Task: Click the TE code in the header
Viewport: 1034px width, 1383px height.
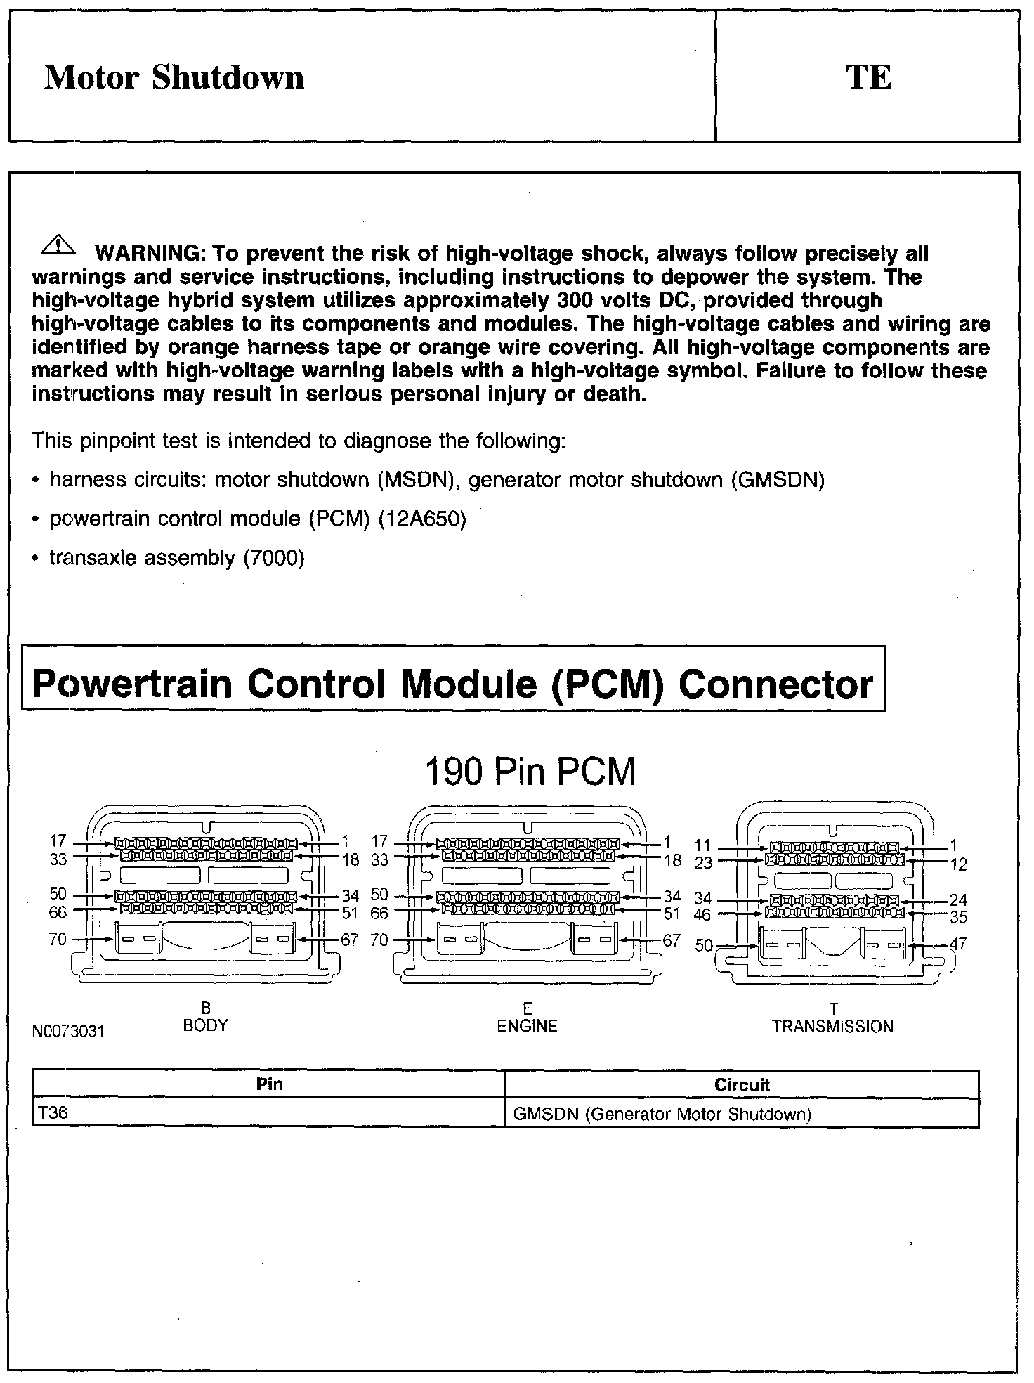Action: (x=869, y=77)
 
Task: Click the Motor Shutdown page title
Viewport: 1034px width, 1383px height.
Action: (x=174, y=77)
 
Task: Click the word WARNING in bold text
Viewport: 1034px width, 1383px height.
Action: (x=149, y=253)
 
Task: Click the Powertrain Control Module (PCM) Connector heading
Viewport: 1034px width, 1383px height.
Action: (x=453, y=683)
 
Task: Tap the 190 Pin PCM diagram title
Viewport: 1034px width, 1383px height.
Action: (x=530, y=772)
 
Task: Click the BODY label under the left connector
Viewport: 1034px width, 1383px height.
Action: (x=206, y=1025)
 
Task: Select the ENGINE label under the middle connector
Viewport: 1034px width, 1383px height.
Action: (x=527, y=1026)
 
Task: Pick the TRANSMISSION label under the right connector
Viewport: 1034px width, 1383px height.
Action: (x=832, y=1027)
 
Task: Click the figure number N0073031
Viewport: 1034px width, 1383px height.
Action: (x=68, y=1032)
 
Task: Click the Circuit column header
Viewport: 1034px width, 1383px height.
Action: (x=742, y=1084)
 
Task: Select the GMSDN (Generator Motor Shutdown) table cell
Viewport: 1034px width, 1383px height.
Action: (x=662, y=1114)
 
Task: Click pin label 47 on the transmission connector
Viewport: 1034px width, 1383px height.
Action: (x=957, y=944)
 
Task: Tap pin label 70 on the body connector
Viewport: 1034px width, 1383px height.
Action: (x=58, y=939)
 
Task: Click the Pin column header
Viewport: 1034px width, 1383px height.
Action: (x=270, y=1084)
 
